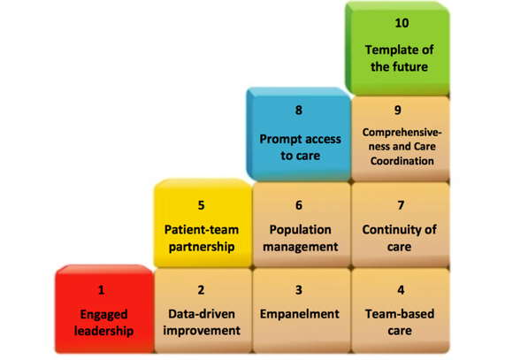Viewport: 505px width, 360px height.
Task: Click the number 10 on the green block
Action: [x=402, y=23]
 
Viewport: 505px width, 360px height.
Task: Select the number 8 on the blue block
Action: [x=299, y=111]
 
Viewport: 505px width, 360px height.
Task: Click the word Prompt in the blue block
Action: [x=278, y=140]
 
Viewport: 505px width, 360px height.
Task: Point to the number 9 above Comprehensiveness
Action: [x=398, y=111]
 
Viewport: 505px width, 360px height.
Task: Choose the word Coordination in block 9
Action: [x=402, y=161]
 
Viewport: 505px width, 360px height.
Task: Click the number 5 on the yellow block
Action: [x=202, y=205]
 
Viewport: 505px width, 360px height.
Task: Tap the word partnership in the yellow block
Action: [x=202, y=247]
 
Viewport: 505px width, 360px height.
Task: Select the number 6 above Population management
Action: [x=299, y=205]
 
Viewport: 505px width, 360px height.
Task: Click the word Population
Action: [x=300, y=230]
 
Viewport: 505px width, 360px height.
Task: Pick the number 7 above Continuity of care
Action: [x=401, y=205]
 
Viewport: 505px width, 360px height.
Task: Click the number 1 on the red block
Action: [x=101, y=290]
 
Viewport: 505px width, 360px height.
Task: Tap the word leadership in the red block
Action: [x=103, y=331]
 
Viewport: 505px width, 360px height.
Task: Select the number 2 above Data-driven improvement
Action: [x=201, y=290]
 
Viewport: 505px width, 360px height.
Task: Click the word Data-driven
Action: [x=202, y=314]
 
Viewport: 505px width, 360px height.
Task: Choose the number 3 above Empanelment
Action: [x=299, y=290]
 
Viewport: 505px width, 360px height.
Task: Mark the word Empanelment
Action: [x=300, y=314]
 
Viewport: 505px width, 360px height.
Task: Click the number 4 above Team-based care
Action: [x=401, y=290]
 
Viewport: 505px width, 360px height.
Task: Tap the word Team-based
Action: [x=400, y=314]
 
